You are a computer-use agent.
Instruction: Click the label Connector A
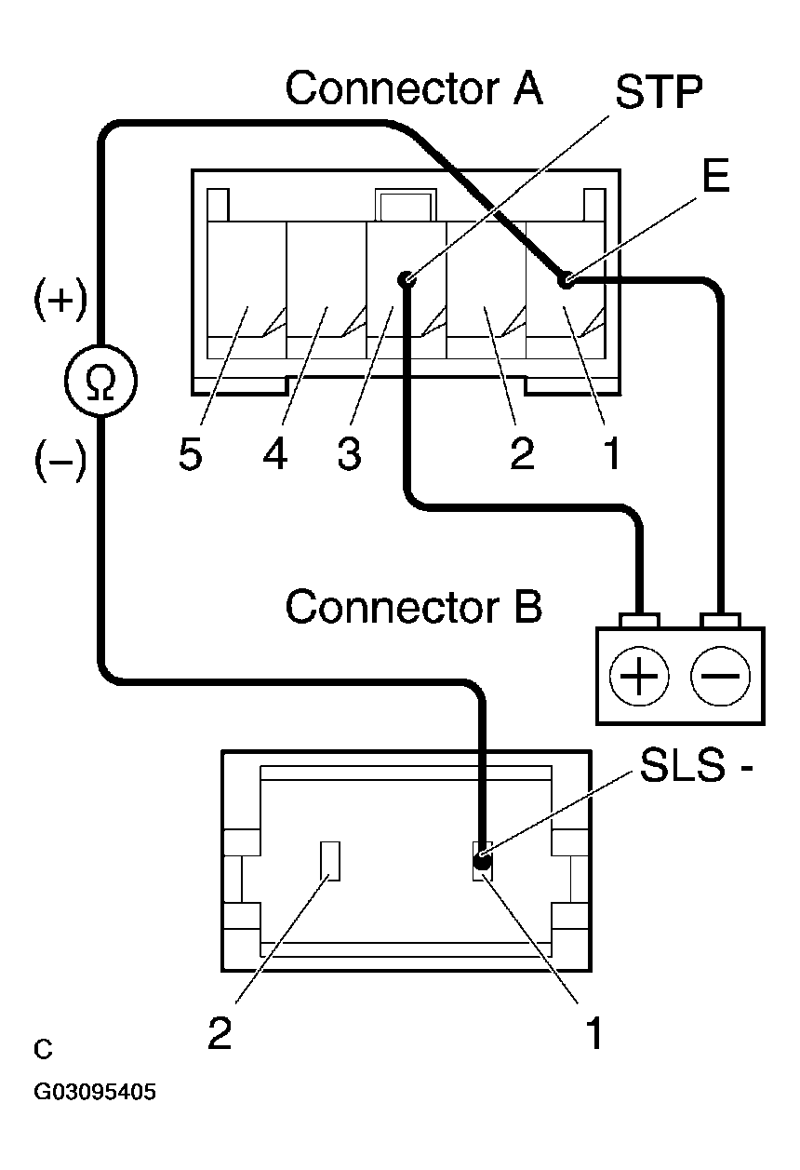(414, 88)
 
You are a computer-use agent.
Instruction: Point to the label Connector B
(413, 606)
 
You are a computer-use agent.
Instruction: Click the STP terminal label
(660, 93)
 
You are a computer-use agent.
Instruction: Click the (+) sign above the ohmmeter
(60, 303)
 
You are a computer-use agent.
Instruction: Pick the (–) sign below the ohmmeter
(60, 460)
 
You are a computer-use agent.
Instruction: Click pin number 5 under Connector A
(191, 456)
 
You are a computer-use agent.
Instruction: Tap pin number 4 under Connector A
(274, 456)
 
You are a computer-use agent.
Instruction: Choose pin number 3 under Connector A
(349, 456)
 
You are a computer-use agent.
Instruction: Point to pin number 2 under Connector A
(522, 456)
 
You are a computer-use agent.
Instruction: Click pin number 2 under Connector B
(220, 1034)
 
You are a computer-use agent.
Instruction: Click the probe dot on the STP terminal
(406, 279)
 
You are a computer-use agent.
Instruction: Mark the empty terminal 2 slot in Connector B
(331, 860)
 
